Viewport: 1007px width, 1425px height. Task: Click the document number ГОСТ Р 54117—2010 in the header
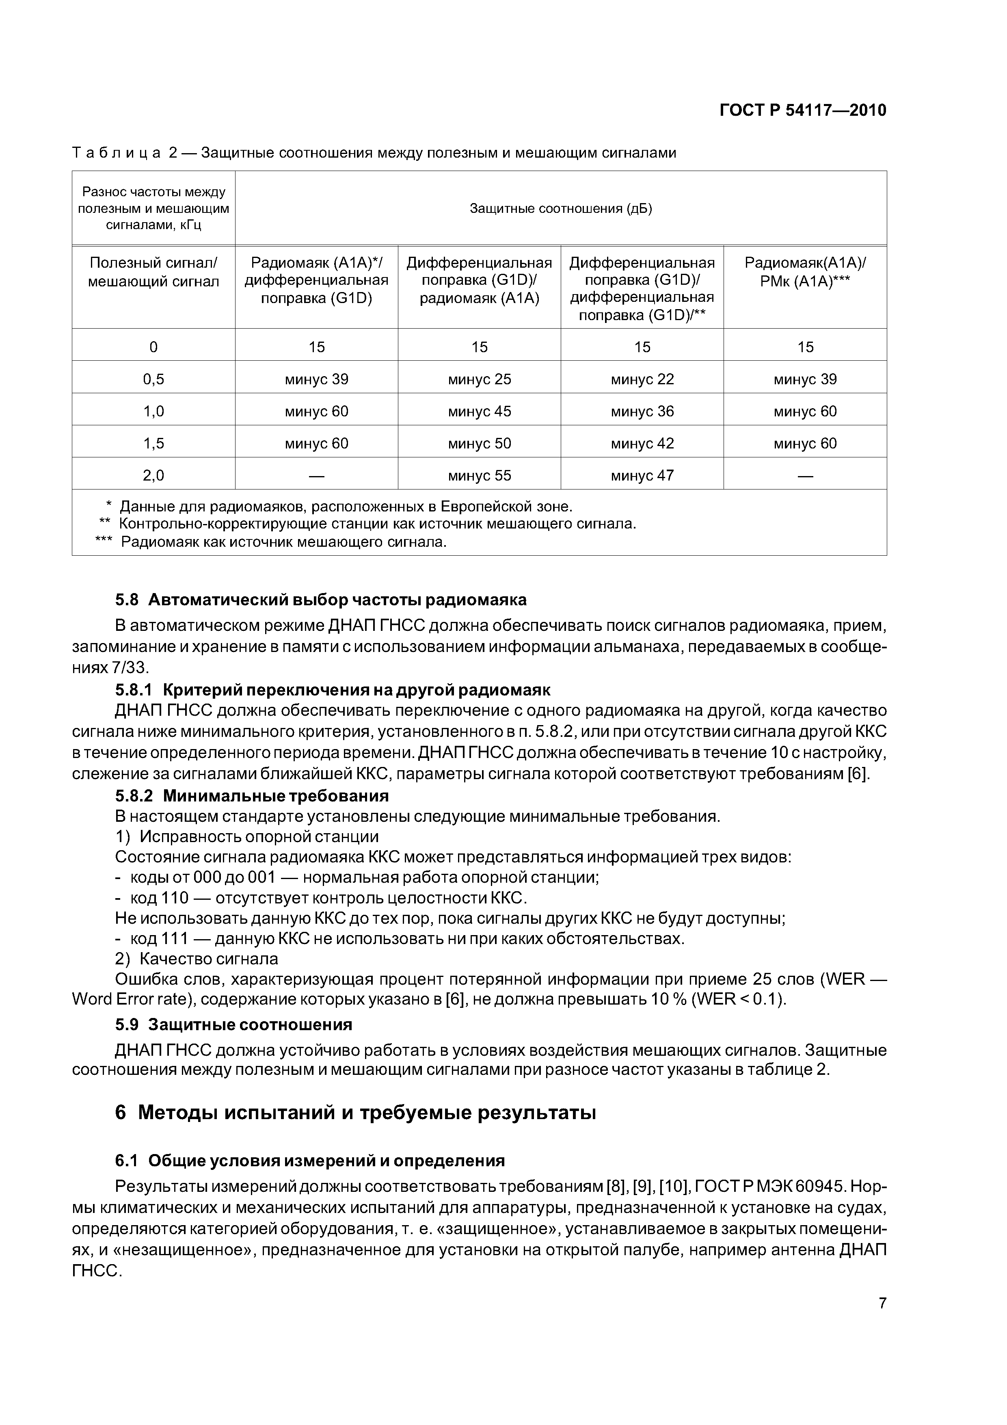coord(802,110)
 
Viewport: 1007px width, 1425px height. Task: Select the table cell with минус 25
coord(479,379)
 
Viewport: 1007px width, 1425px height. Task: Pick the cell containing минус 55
coord(479,475)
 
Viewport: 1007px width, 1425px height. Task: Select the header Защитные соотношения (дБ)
coord(560,208)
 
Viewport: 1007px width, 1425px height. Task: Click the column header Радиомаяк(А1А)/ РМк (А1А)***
coord(805,272)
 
